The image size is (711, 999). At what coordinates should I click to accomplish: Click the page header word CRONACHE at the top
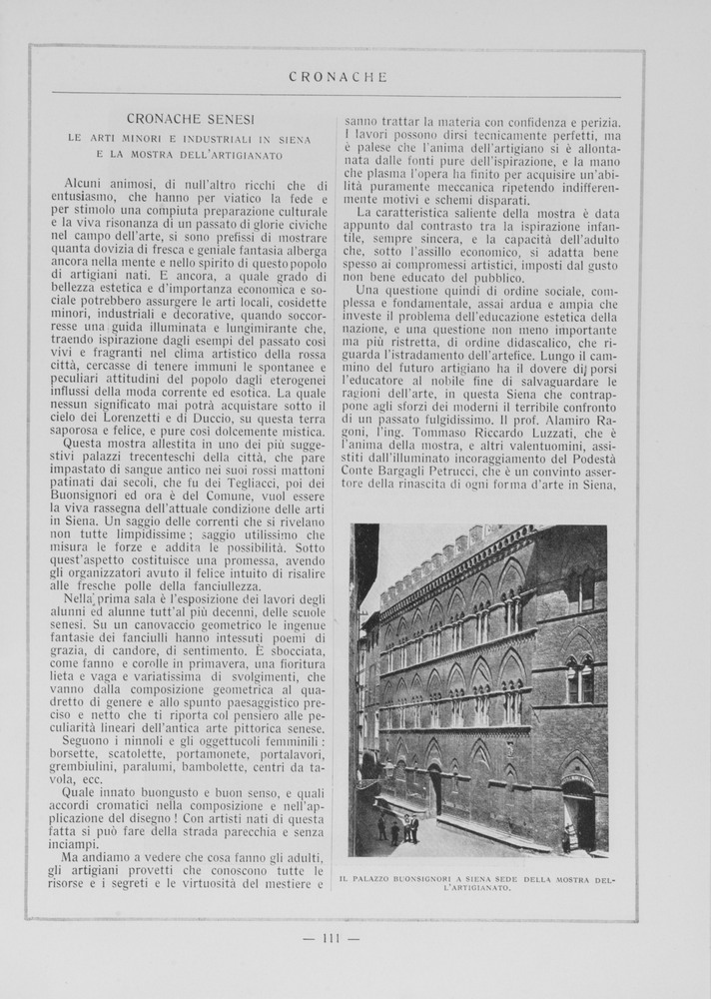click(x=337, y=76)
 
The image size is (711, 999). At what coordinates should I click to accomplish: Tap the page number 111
click(x=332, y=938)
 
